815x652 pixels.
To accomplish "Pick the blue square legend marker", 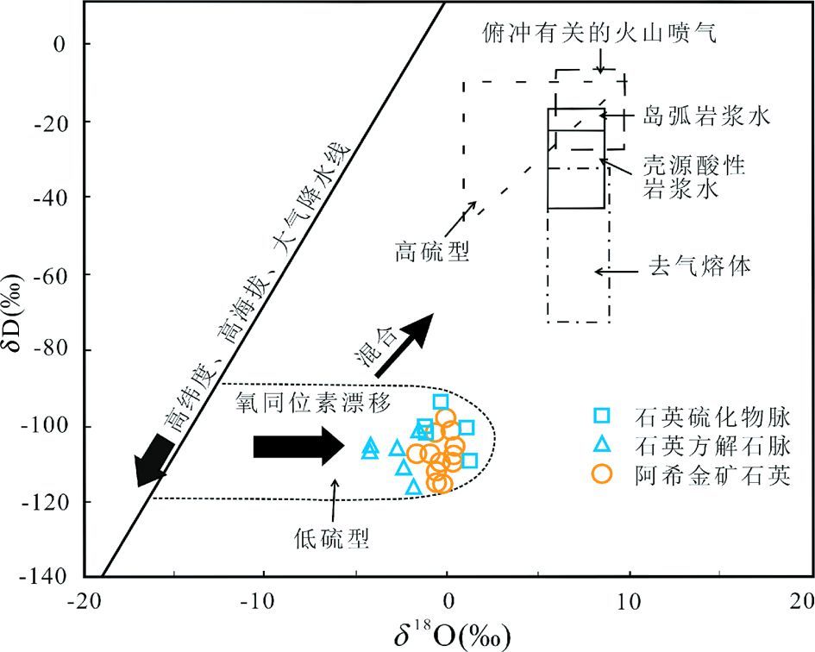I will (603, 417).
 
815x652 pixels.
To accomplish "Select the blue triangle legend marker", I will (603, 445).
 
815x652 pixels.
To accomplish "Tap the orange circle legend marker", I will (603, 473).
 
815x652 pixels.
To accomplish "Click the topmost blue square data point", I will (441, 401).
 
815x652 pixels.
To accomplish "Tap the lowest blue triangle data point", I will (413, 487).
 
